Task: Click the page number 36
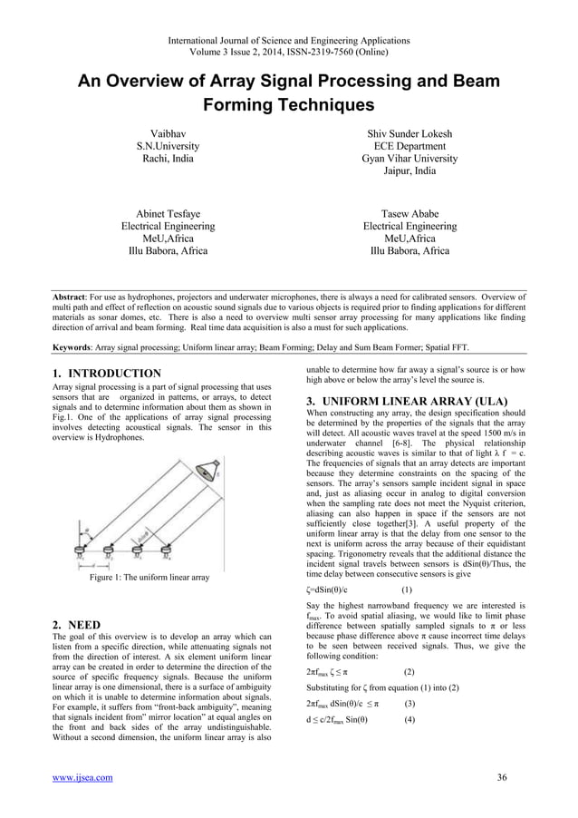[x=502, y=777]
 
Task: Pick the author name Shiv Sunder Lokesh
[x=409, y=133]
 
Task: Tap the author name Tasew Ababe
[x=409, y=213]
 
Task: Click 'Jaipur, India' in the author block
[x=409, y=170]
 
